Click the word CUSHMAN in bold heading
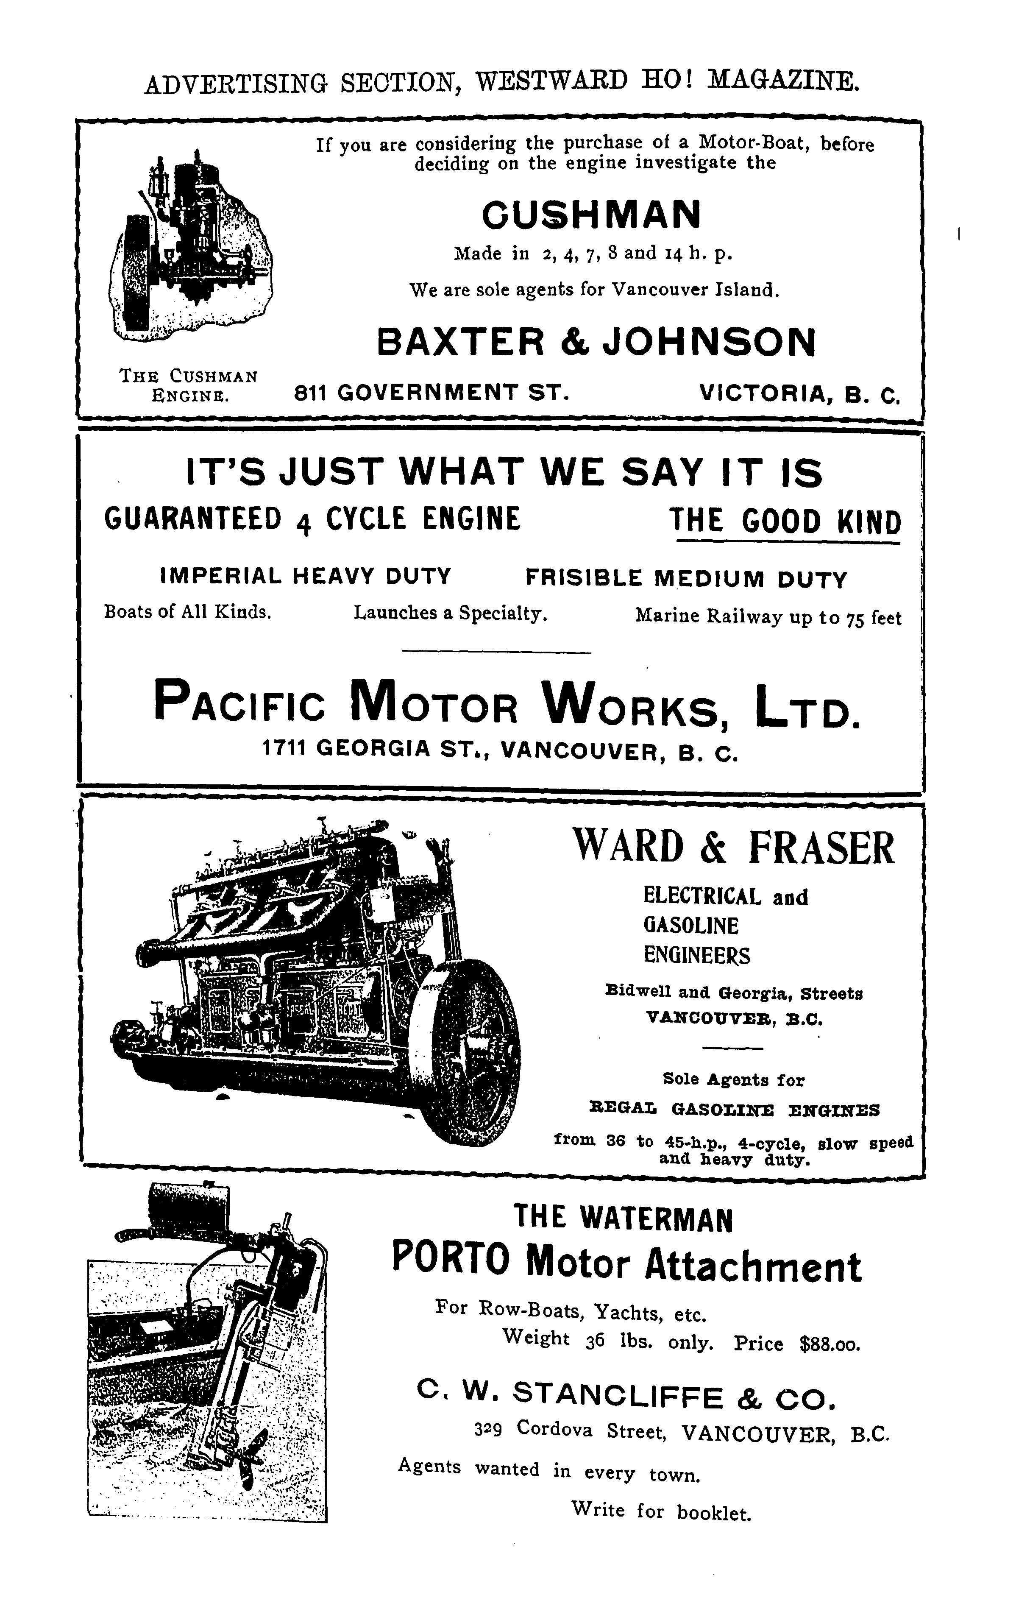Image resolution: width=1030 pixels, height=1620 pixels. (x=591, y=215)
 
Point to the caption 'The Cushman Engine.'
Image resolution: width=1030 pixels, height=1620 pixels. (x=188, y=385)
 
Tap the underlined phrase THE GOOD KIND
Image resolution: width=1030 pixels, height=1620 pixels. (x=785, y=521)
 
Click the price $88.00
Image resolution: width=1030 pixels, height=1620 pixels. (x=830, y=1344)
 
